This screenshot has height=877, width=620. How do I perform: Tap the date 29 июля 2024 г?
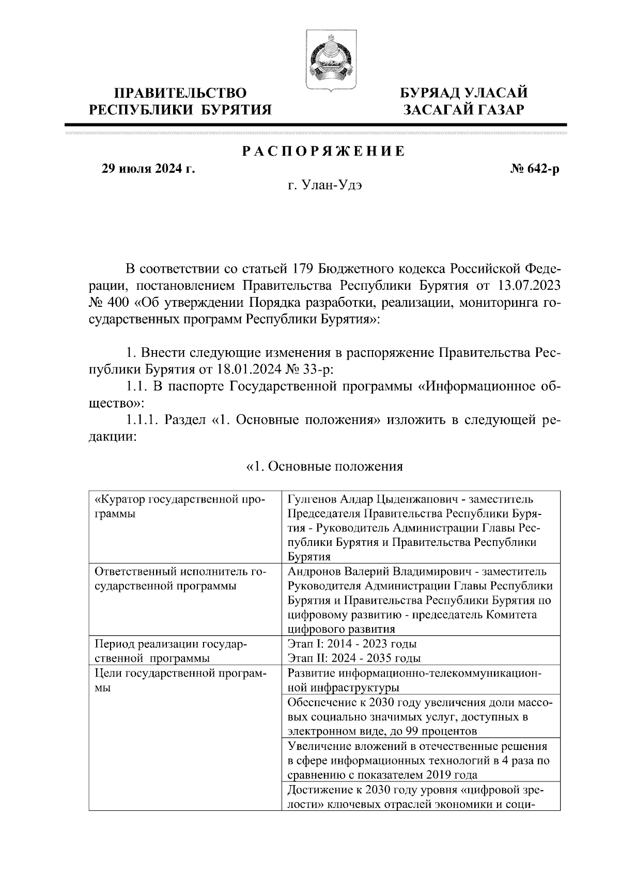pos(148,169)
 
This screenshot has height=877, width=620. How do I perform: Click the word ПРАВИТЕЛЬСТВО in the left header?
pos(180,93)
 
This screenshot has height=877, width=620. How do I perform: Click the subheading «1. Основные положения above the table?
pos(323,467)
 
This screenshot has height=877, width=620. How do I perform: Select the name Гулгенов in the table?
pos(312,499)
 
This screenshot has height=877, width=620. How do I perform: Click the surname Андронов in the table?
pos(314,572)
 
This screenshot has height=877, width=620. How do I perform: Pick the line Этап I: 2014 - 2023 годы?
pos(351,644)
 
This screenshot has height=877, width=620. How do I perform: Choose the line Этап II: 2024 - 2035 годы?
pos(353,659)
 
